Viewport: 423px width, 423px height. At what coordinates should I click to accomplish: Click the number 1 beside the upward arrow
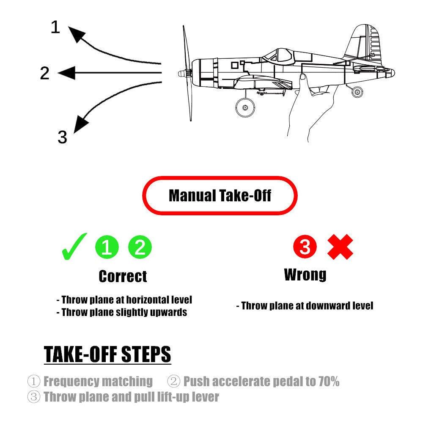point(55,27)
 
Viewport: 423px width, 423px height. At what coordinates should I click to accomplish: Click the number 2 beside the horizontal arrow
point(45,73)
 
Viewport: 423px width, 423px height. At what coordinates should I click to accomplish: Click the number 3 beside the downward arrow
point(62,137)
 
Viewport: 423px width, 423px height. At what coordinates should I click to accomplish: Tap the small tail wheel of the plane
point(357,92)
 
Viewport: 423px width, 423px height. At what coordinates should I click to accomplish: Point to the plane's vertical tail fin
point(364,42)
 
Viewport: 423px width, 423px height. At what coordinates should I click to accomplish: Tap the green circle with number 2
point(140,247)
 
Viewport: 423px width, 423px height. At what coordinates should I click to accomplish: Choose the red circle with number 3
point(305,247)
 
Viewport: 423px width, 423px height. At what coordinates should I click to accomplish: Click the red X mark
point(341,247)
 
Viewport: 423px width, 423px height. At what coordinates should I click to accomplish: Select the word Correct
point(123,276)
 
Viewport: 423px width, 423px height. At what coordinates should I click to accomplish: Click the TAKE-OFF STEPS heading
point(107,354)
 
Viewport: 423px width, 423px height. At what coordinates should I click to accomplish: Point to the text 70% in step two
point(329,382)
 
